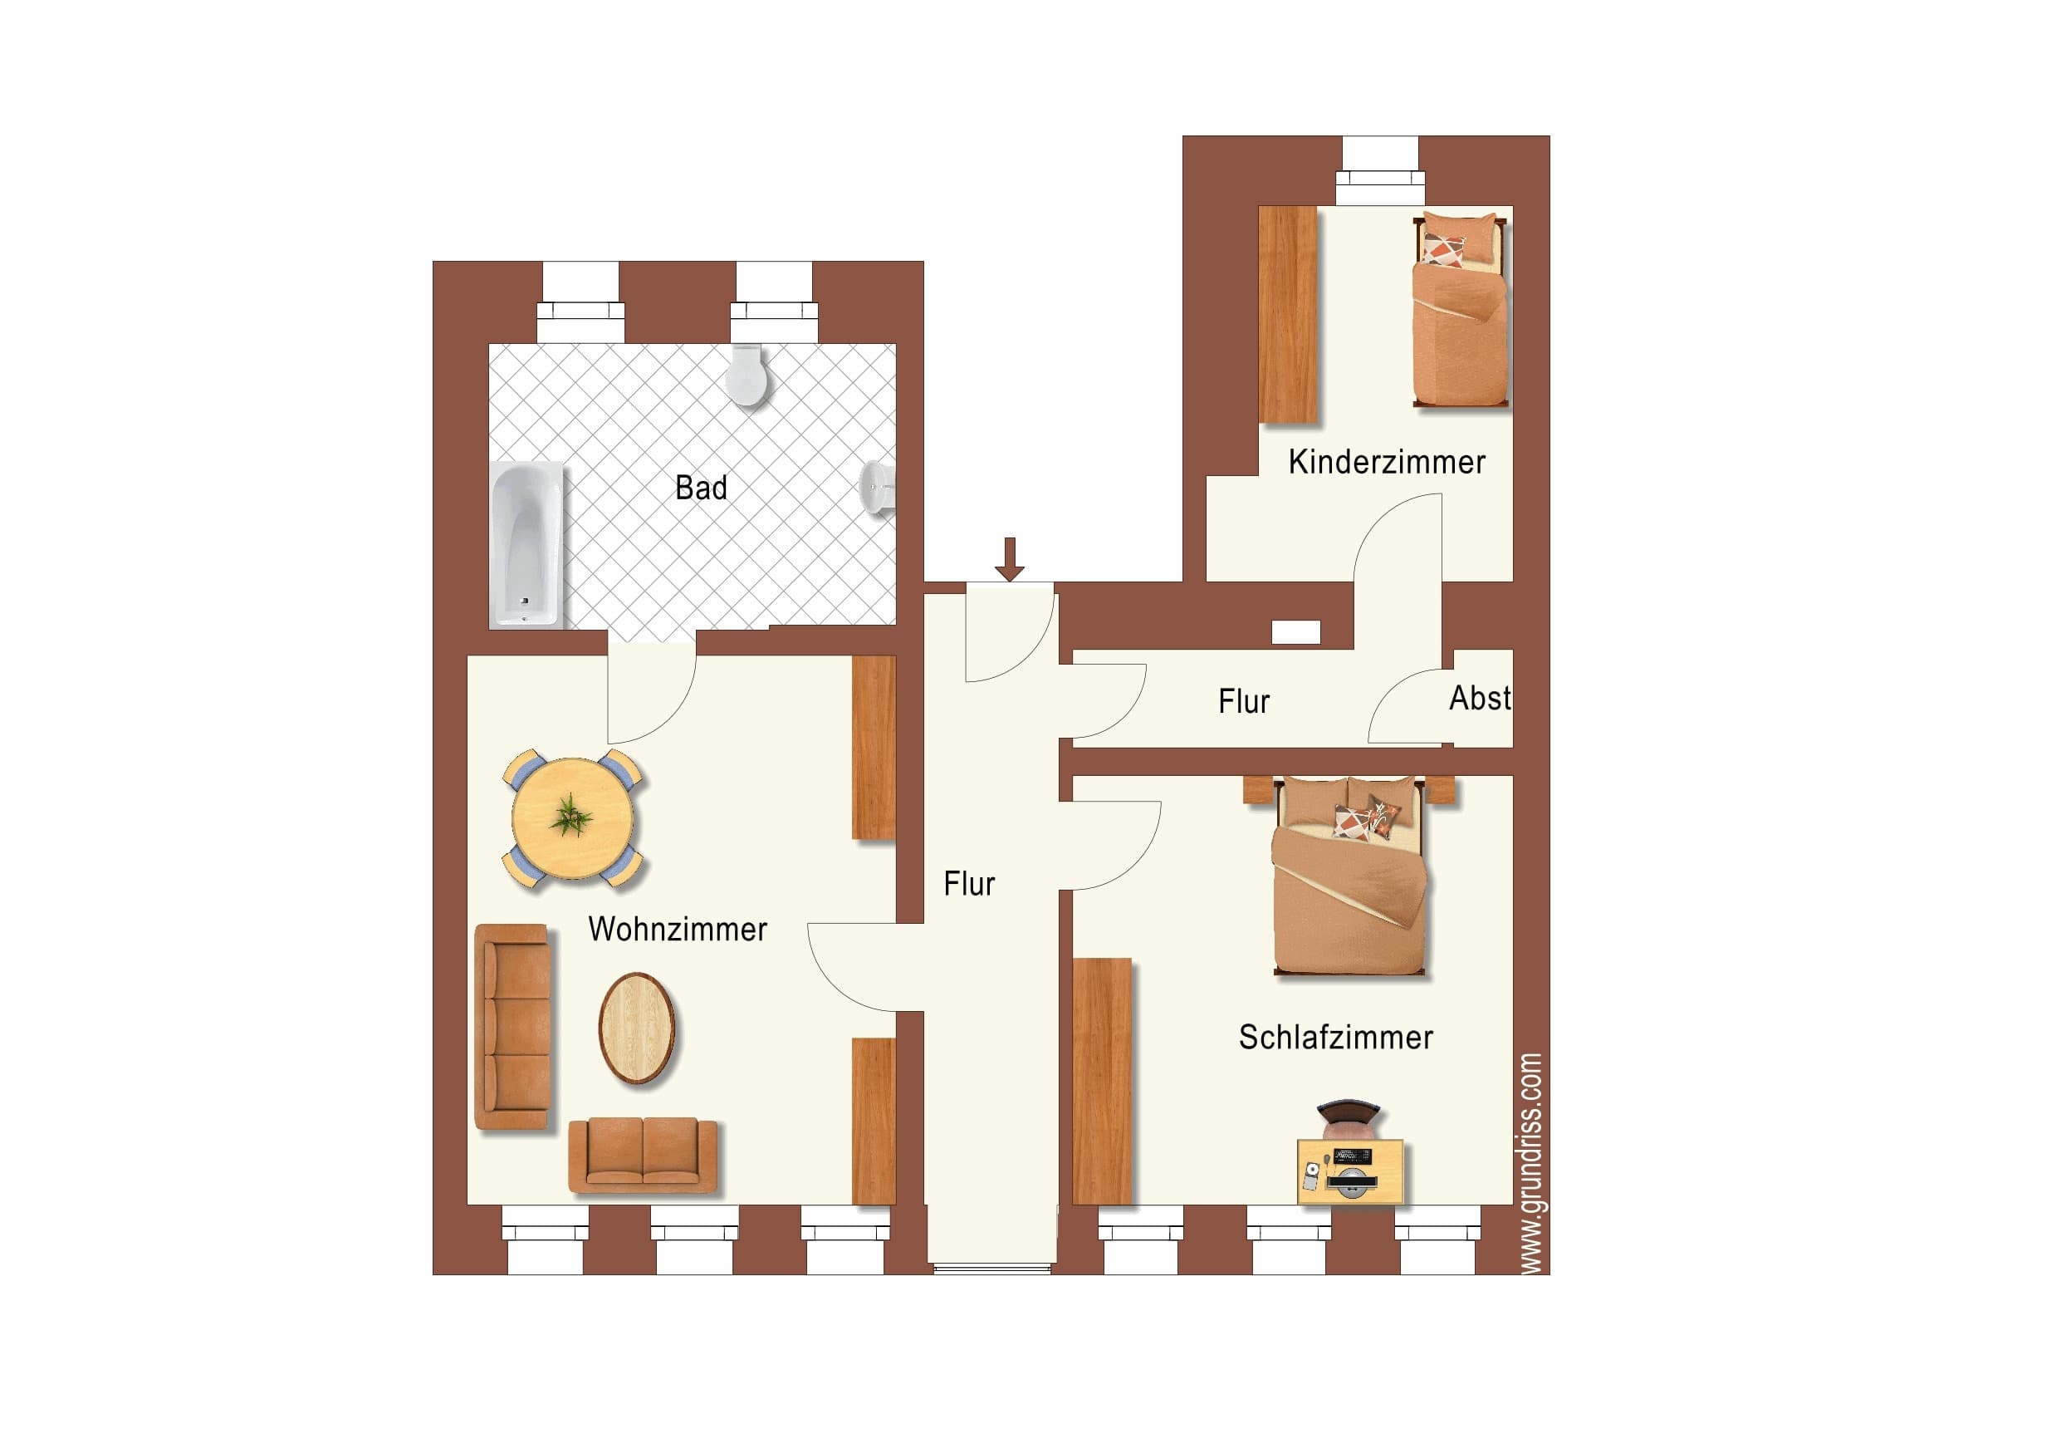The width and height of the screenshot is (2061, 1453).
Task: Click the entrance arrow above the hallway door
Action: click(x=1010, y=558)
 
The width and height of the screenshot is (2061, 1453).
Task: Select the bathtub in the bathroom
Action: click(x=526, y=544)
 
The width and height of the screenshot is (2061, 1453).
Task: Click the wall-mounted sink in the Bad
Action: click(x=877, y=488)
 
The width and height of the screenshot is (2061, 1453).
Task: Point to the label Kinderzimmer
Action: click(x=1387, y=462)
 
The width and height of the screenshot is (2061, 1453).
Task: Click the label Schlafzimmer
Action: click(x=1336, y=1038)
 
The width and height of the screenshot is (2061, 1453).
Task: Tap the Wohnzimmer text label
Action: click(x=678, y=929)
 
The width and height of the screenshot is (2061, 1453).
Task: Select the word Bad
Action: click(x=701, y=488)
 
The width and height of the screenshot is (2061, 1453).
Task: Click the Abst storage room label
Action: click(x=1481, y=698)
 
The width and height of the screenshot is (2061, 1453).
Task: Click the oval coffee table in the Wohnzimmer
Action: click(x=636, y=1028)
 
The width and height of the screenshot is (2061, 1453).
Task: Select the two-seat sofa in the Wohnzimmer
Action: click(x=643, y=1155)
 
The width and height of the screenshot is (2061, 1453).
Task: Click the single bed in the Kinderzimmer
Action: click(x=1461, y=309)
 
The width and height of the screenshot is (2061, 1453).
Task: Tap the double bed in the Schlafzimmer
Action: click(x=1349, y=875)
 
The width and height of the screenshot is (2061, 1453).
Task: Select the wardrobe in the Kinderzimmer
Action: click(x=1287, y=314)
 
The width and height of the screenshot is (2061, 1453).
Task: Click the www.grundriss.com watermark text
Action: click(x=1530, y=1163)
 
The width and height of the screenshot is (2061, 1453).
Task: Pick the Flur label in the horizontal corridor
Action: click(x=1244, y=701)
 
